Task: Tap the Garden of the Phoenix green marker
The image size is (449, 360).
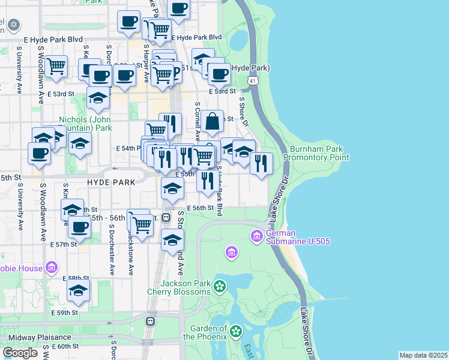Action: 235,331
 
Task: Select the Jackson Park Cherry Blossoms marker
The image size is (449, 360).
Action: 220,287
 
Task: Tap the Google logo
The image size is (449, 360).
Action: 20,352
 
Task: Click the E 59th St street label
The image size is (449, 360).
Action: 64,313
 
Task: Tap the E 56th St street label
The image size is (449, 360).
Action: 200,208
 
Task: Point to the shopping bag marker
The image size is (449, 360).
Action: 212,121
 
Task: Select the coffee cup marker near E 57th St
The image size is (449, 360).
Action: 79,227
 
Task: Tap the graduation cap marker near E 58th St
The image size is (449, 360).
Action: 79,290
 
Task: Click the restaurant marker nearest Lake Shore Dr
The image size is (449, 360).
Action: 261,163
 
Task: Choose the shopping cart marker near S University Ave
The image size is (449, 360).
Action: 56,67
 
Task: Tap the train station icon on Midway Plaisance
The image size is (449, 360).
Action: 149,321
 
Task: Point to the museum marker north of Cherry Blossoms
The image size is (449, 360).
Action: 232,253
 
